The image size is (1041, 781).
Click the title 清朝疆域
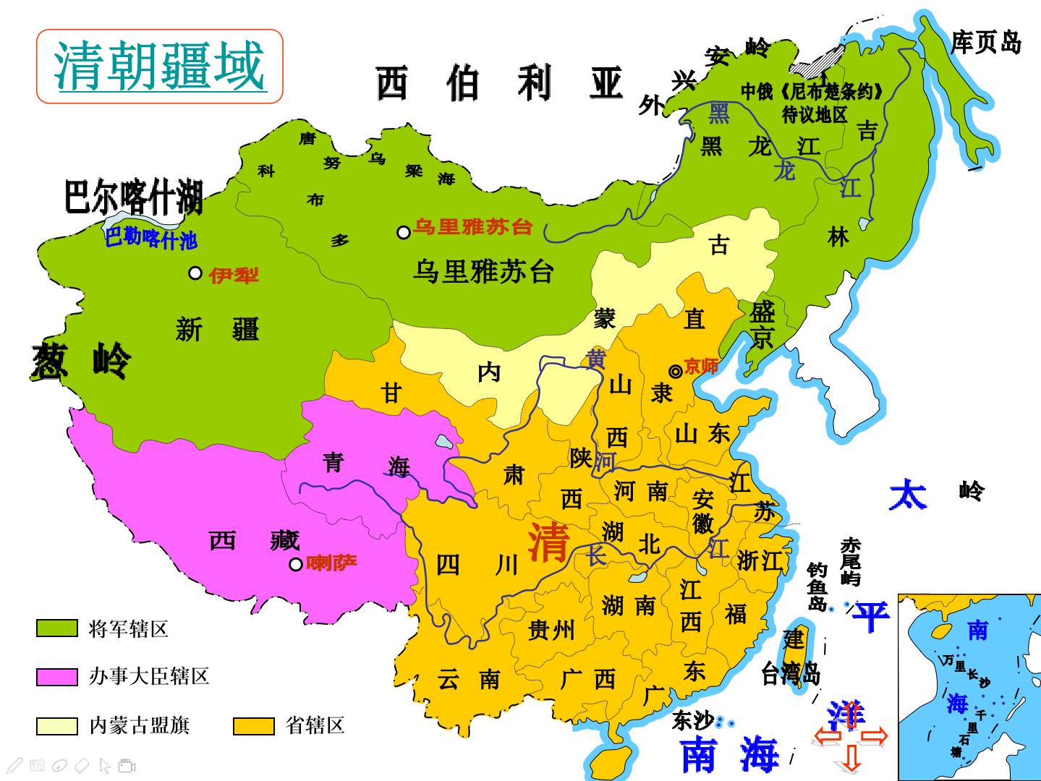[160, 66]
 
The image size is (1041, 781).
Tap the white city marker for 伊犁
[195, 273]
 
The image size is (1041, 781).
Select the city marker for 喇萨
[295, 564]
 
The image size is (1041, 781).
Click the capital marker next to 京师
[676, 371]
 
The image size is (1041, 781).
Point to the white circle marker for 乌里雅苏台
[404, 232]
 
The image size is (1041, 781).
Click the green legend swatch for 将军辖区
[56, 628]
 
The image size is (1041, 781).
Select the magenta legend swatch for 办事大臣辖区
[56, 677]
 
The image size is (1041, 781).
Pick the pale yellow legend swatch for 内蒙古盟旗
[56, 725]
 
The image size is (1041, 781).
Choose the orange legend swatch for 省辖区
[253, 725]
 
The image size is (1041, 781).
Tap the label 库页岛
[985, 43]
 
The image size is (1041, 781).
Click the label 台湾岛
[790, 674]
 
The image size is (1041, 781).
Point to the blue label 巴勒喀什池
[150, 238]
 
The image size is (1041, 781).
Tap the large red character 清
[548, 542]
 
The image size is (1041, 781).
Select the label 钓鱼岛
[817, 586]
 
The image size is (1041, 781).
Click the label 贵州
[551, 630]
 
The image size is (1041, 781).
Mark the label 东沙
[692, 720]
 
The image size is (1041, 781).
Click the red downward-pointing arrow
[851, 757]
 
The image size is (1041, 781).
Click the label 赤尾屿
[851, 561]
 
